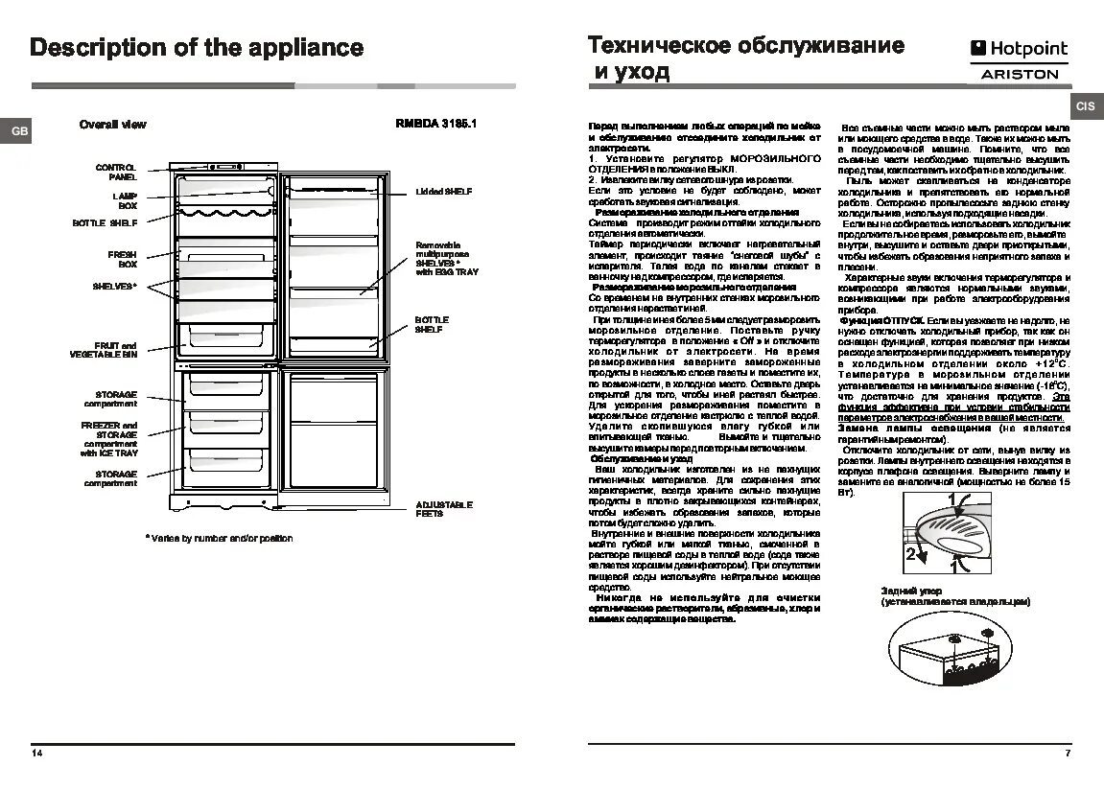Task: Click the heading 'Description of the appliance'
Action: click(x=197, y=48)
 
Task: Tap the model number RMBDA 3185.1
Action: click(x=435, y=125)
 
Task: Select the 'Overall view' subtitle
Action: click(x=112, y=125)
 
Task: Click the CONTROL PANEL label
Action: click(x=116, y=172)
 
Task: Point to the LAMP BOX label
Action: click(x=125, y=199)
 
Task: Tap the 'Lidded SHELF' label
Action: click(x=443, y=192)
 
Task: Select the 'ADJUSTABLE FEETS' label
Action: click(x=444, y=509)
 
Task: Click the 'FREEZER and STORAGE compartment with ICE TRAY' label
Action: click(x=109, y=439)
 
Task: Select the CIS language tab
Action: click(x=1086, y=107)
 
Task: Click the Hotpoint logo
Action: click(x=1019, y=49)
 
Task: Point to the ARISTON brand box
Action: click(x=1020, y=73)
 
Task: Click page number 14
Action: click(x=36, y=754)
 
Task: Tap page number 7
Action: click(x=1068, y=754)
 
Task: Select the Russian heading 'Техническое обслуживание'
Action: click(x=745, y=45)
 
